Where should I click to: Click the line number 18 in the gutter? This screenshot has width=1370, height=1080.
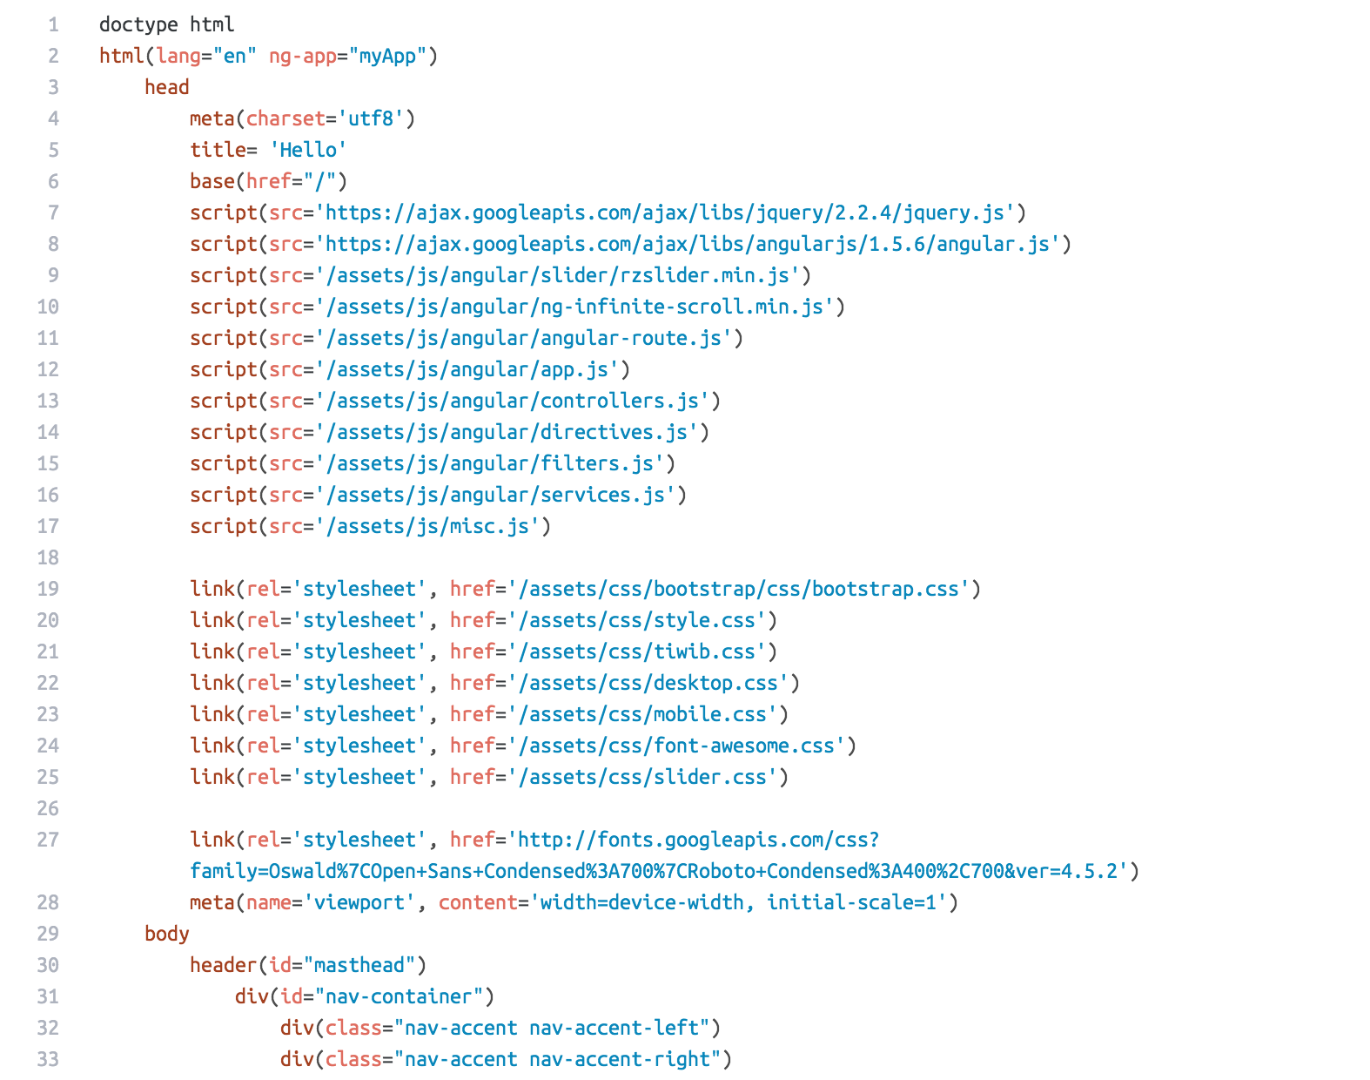(48, 557)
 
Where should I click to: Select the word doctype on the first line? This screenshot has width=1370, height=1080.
(138, 24)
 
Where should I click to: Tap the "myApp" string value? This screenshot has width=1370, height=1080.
(387, 56)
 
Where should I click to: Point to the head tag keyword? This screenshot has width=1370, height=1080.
(166, 87)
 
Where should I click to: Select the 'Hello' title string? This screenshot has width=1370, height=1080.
(308, 150)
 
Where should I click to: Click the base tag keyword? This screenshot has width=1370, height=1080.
(212, 181)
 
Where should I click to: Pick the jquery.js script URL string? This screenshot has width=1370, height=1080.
(665, 213)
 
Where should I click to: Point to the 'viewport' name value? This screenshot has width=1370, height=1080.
(359, 902)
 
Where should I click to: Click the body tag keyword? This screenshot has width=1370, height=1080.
(166, 934)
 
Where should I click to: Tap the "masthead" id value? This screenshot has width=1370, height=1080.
(359, 965)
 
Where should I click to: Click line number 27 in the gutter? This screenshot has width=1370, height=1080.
(48, 840)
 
